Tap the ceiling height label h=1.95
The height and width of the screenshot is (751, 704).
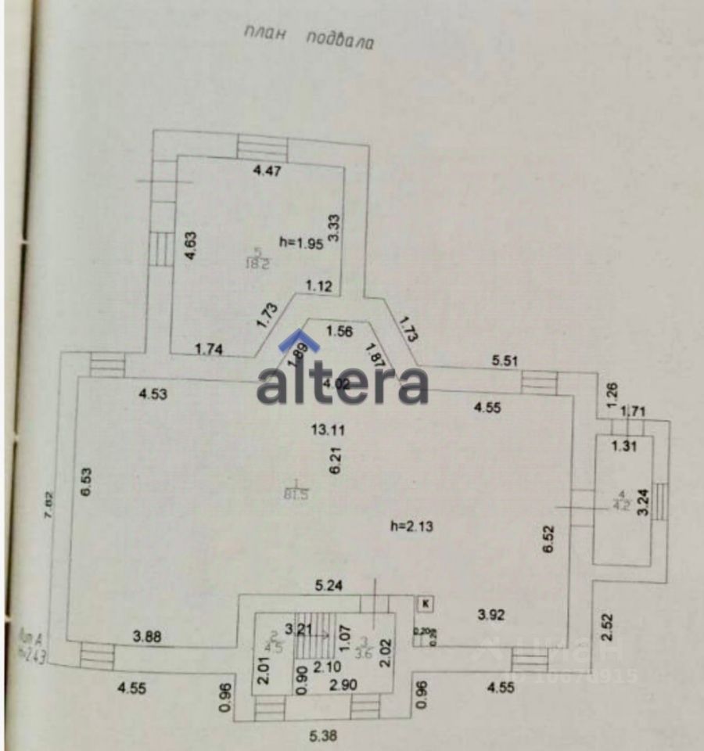(302, 242)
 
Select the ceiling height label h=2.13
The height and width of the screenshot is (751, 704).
(411, 526)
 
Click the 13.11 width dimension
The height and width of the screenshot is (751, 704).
(326, 429)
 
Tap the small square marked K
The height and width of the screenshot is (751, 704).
(425, 602)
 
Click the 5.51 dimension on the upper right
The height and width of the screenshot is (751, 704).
(505, 361)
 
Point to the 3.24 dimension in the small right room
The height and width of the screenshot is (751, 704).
(643, 501)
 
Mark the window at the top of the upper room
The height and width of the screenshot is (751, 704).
(263, 146)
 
